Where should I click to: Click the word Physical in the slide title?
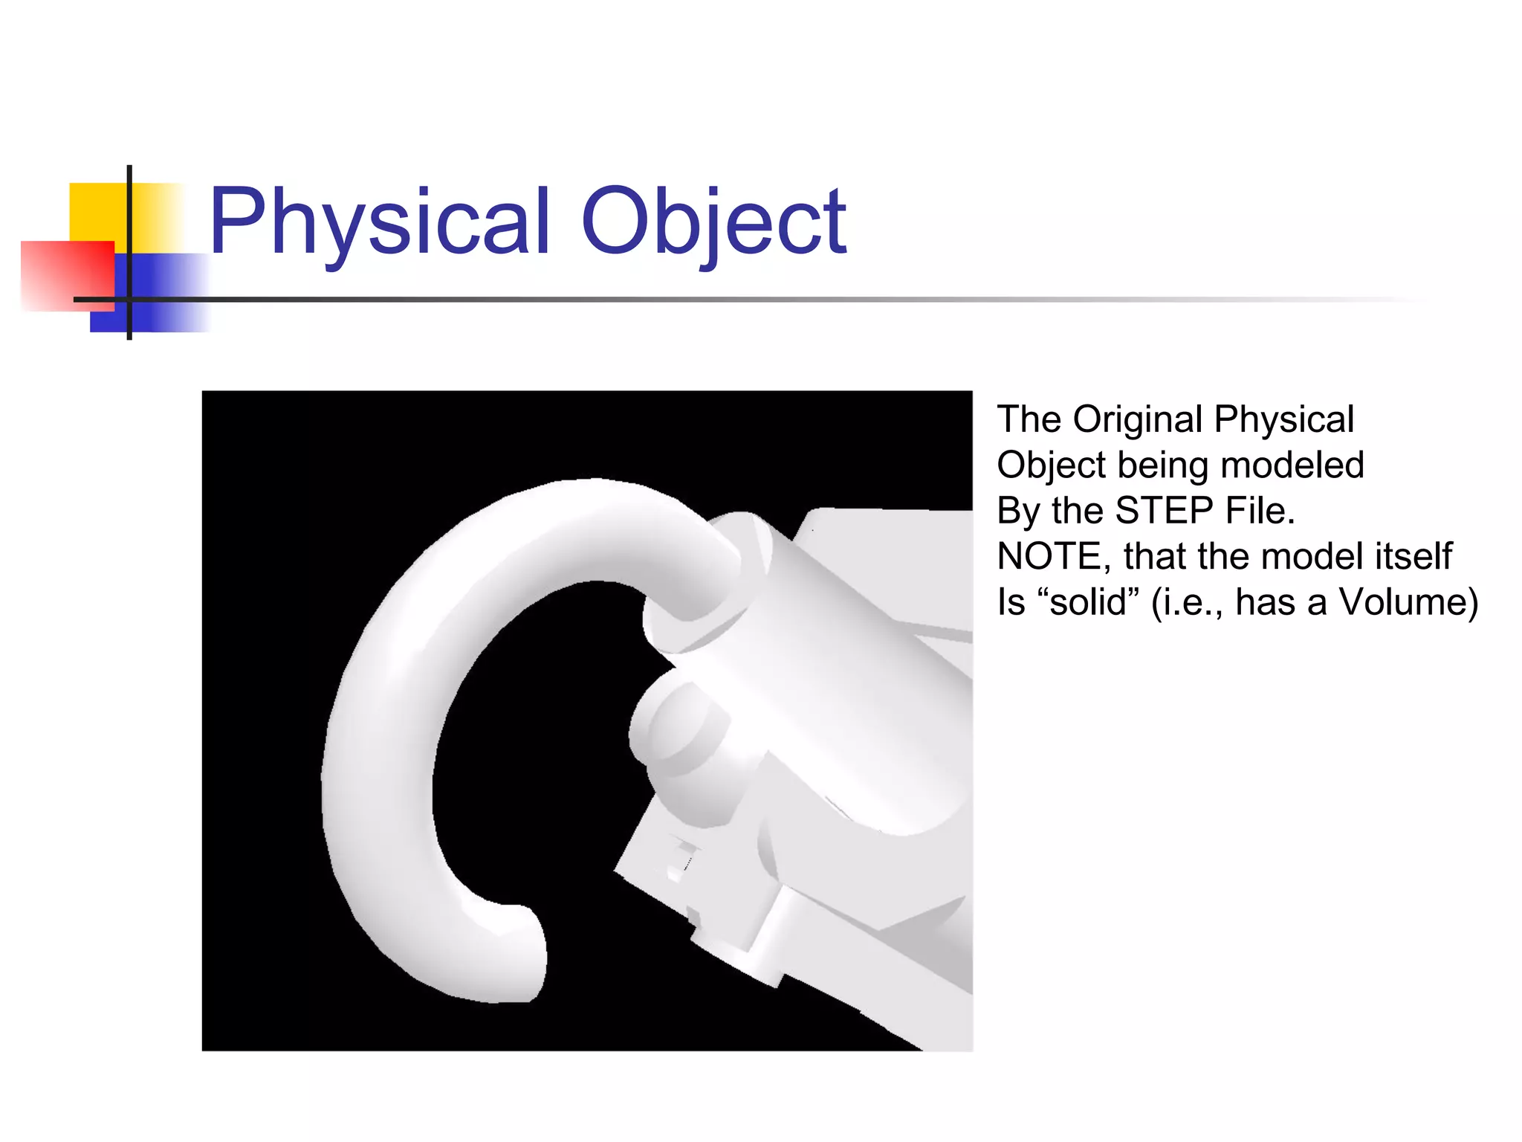pos(379,221)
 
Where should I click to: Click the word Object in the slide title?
pos(713,221)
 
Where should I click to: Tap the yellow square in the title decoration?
pos(97,212)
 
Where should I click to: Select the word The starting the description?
pos(1029,420)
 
